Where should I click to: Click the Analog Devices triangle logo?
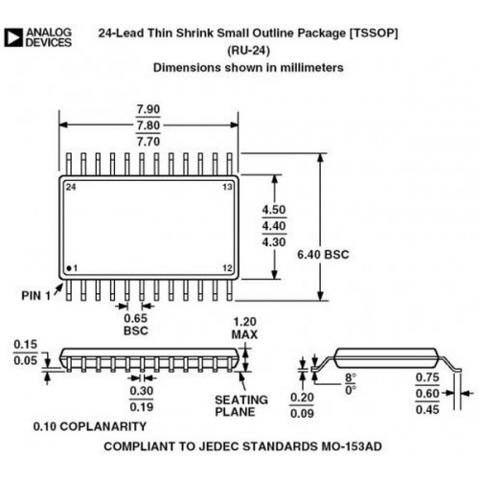pos(13,37)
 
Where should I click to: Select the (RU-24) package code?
pos(248,51)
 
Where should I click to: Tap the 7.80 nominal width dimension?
pos(148,125)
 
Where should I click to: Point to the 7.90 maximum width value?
pos(148,109)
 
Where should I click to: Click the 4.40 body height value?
pos(274,226)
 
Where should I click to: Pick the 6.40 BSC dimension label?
pos(323,255)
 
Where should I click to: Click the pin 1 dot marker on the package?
pos(69,268)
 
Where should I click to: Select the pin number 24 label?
pos(71,187)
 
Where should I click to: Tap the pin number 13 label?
pos(227,187)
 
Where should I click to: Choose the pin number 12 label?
pos(227,268)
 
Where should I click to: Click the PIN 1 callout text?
pos(36,296)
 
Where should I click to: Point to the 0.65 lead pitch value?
pos(136,318)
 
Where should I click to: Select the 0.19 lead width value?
pos(142,407)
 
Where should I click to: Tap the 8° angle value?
pos(351,378)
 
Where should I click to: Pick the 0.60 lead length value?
pos(427,394)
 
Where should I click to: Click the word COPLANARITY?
pos(103,426)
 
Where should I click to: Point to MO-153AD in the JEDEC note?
pos(352,446)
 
